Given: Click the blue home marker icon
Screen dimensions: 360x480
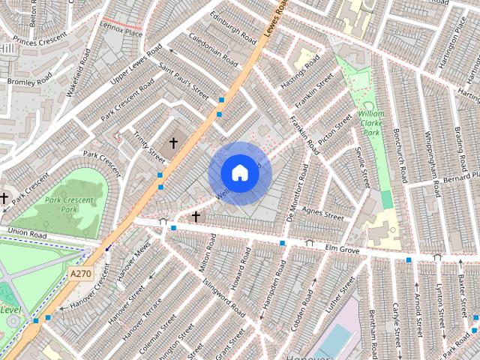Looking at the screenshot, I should pos(239,173).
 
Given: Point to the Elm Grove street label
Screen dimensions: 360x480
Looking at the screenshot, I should pos(343,247).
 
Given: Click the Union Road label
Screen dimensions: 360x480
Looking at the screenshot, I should pos(28,235).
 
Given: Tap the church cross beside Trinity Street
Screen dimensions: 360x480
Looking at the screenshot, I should pos(174,142).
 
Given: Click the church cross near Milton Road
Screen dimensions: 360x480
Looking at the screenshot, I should pos(196,217).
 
